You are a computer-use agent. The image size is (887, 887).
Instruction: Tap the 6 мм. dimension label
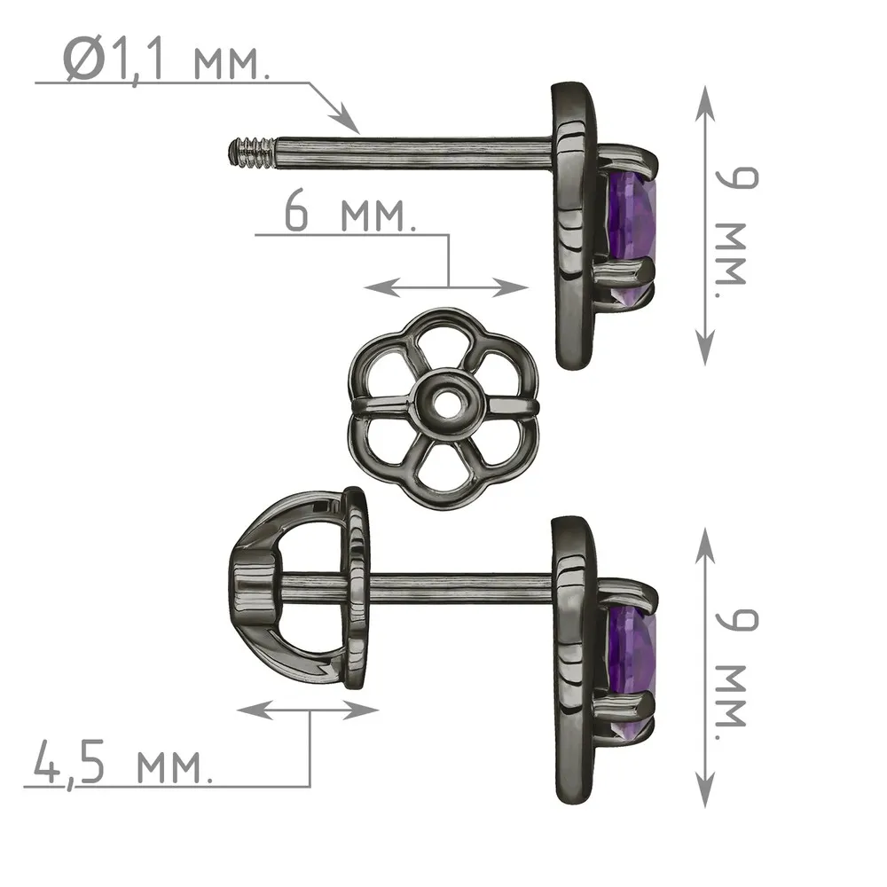(349, 212)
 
